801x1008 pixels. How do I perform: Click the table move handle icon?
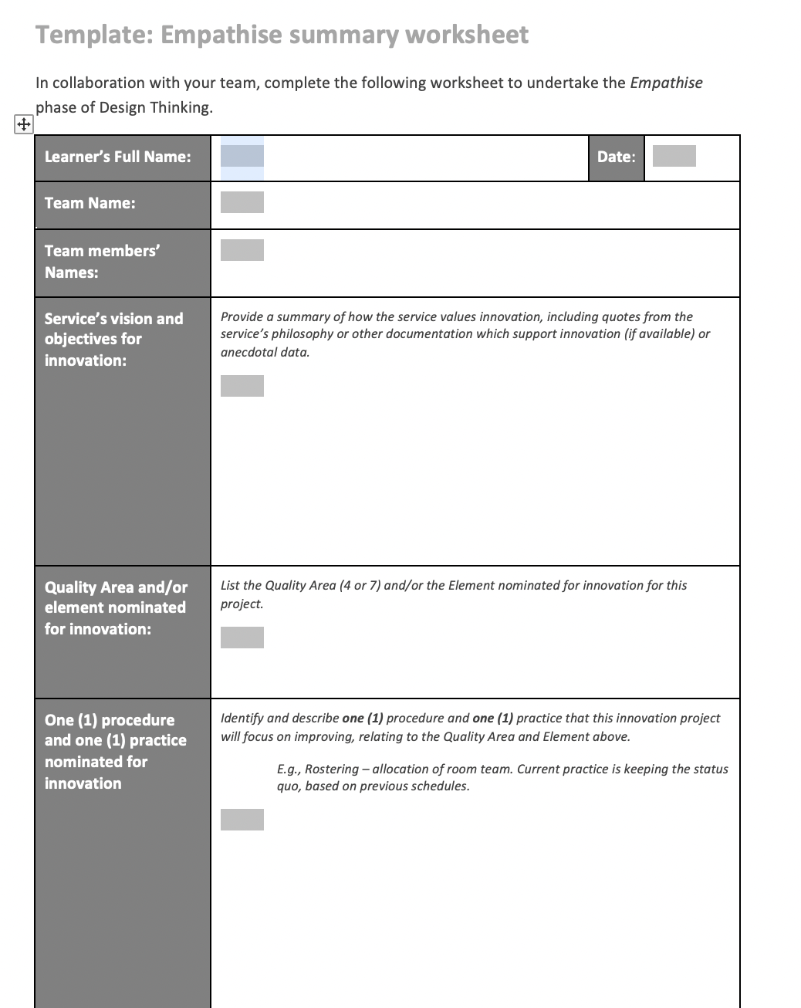tap(23, 124)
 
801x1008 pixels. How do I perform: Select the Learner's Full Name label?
tap(117, 157)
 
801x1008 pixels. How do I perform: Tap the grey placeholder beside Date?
tap(674, 156)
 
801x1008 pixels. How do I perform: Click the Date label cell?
tap(616, 157)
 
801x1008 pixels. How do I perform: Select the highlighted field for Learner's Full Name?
tap(242, 156)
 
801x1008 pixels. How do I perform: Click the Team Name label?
tap(90, 203)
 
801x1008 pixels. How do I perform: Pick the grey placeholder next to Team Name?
tap(242, 202)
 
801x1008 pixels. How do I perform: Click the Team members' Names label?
tap(102, 262)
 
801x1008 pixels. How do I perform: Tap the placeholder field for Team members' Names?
tap(242, 250)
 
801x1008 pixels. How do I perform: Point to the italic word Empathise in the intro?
tap(666, 83)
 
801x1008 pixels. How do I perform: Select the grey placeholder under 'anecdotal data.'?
tap(242, 386)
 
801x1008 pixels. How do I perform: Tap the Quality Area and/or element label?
tap(116, 608)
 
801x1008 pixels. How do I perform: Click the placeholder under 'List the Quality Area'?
tap(242, 638)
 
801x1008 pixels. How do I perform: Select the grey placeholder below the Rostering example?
tap(242, 820)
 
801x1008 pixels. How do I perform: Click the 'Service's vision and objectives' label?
tap(113, 340)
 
